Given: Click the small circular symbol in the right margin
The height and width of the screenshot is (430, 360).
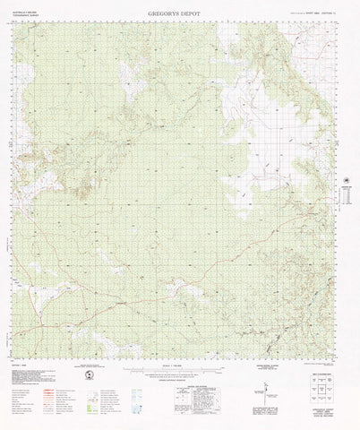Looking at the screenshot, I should [x=346, y=182].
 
